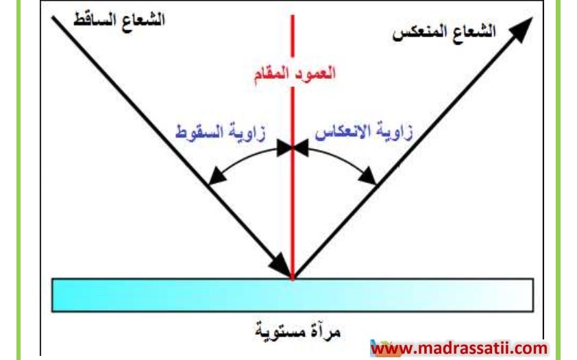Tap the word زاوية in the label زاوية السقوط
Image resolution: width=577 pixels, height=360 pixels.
point(246,133)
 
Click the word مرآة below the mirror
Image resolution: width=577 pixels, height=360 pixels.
point(325,332)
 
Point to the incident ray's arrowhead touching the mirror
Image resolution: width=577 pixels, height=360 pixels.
point(280,265)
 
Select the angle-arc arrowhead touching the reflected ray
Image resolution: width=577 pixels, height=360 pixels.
point(367,176)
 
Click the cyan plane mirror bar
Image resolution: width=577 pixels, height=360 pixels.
point(293,296)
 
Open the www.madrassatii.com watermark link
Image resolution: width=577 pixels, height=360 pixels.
point(459,348)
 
